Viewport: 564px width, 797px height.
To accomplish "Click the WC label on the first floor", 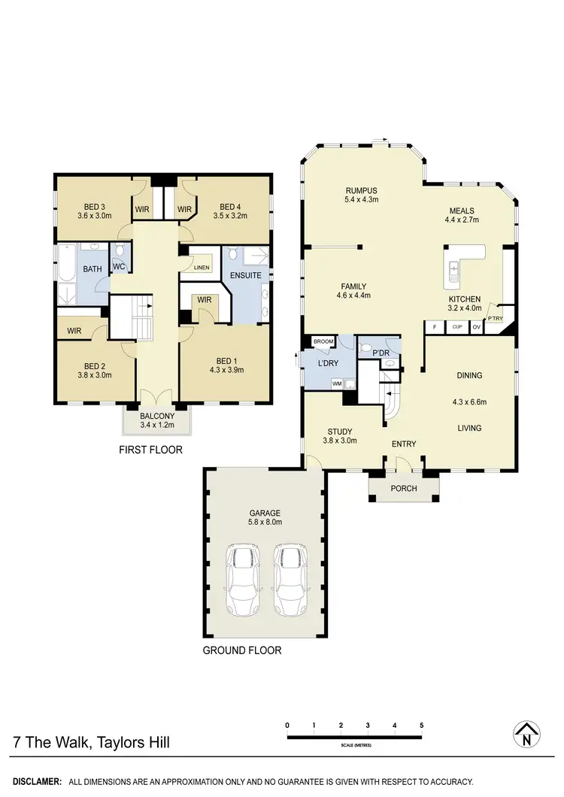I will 118,266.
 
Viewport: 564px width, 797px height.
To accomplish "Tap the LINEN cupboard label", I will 202,268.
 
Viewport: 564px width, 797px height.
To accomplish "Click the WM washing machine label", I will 337,383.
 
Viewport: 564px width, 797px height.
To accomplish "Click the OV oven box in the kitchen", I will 476,327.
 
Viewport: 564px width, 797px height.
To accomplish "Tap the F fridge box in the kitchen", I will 434,327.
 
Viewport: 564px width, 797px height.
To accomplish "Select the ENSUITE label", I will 246,275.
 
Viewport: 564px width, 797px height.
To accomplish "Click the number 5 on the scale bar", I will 422,725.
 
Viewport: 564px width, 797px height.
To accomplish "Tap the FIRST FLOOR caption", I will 150,450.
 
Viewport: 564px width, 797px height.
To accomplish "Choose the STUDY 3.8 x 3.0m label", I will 340,436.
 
